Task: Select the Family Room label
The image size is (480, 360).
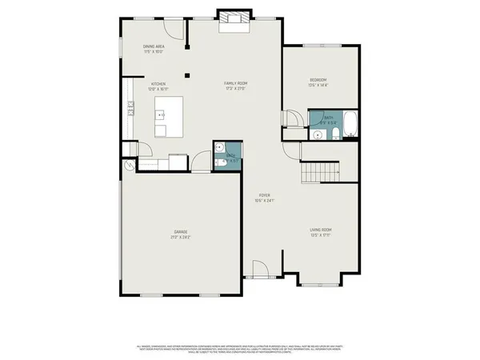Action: (x=234, y=83)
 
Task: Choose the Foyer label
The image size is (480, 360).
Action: (x=263, y=195)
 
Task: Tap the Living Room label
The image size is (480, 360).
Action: (x=321, y=231)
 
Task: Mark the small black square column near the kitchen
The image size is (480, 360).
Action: (x=186, y=76)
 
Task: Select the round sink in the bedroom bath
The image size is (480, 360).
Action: (x=317, y=135)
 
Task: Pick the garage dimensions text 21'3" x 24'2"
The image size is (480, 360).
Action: (x=181, y=237)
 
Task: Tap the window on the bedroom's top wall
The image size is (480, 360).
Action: (x=323, y=44)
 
